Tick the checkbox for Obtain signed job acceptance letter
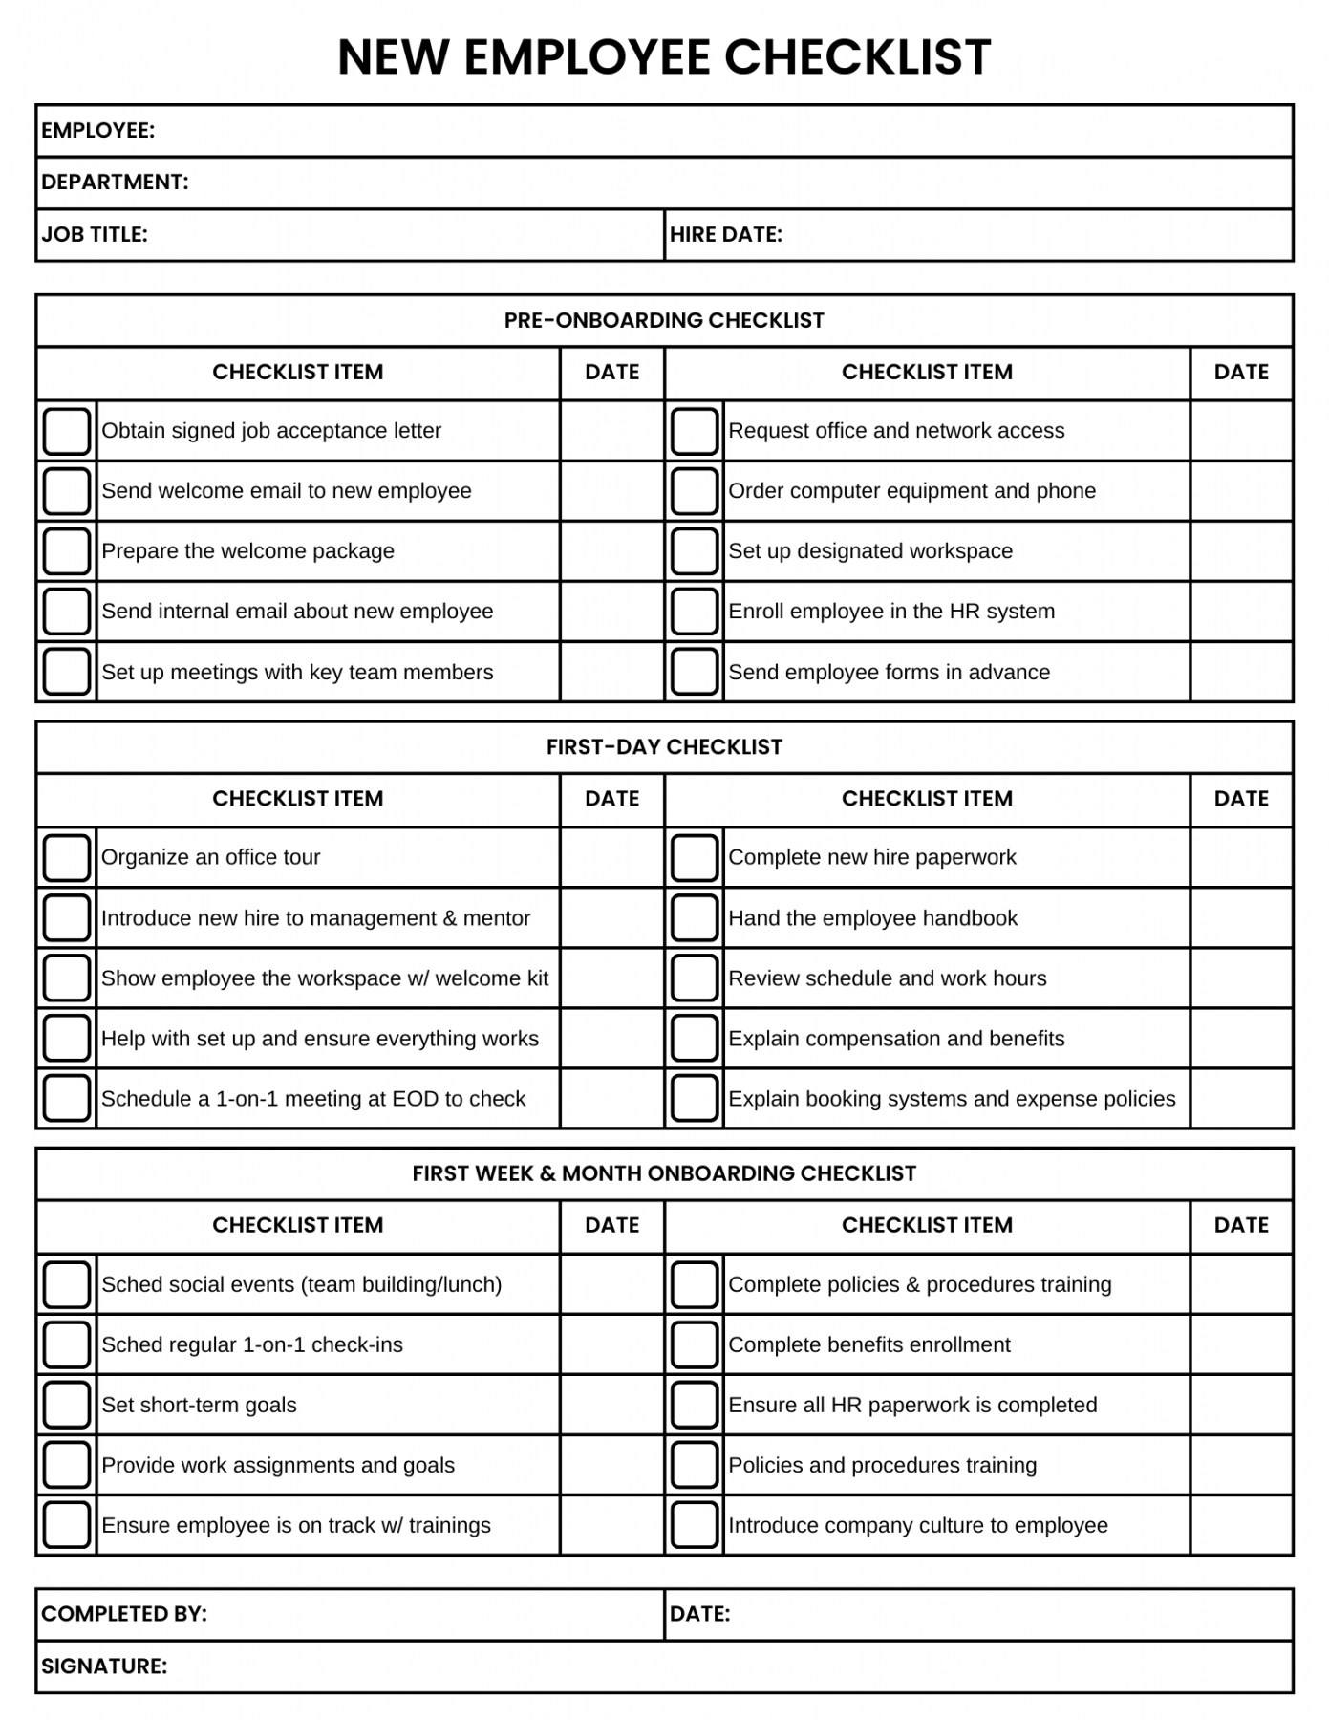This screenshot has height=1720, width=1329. (x=67, y=431)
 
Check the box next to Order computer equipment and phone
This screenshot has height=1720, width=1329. (x=695, y=491)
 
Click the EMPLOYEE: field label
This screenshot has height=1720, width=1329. (x=97, y=131)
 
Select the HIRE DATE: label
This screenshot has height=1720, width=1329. (x=726, y=235)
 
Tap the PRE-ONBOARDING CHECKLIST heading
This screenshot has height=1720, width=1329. (x=664, y=321)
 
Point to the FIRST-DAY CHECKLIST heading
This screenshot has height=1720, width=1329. (x=664, y=747)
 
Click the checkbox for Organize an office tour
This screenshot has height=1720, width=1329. (x=67, y=858)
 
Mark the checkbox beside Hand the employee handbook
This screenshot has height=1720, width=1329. (x=695, y=918)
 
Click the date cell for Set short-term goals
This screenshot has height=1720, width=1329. (x=611, y=1406)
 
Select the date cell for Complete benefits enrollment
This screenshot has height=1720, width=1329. (x=1241, y=1345)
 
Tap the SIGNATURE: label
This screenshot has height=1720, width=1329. (x=104, y=1666)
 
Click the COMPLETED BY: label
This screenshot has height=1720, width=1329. (x=124, y=1614)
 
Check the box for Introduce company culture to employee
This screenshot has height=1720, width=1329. (x=695, y=1526)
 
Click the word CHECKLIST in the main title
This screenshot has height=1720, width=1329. (x=857, y=57)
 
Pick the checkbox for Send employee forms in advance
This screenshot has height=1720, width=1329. (x=695, y=673)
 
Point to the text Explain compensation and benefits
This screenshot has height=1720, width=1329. (x=896, y=1039)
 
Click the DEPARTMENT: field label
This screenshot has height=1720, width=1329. (x=115, y=183)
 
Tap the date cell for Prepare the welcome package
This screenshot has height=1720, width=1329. (x=611, y=551)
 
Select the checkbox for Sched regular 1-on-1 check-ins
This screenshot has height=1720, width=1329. (x=67, y=1345)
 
